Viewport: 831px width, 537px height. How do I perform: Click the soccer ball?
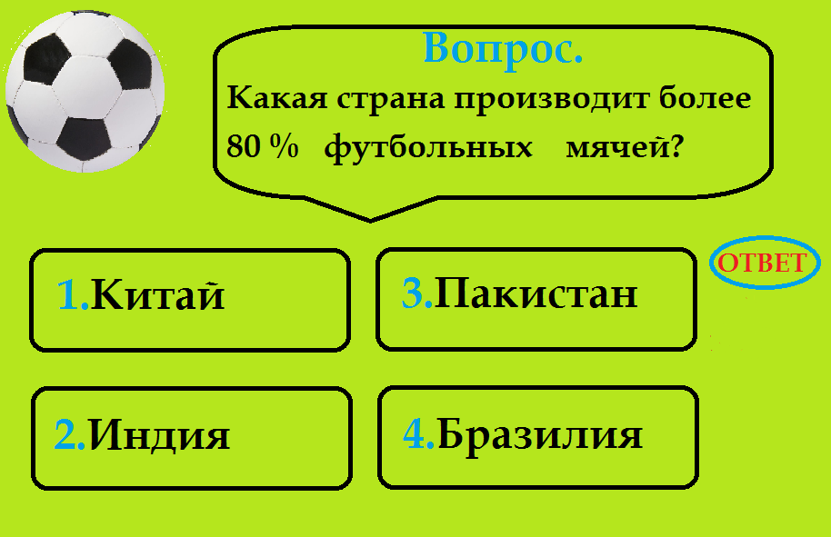click(85, 91)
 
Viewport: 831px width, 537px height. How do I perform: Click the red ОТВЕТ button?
click(761, 264)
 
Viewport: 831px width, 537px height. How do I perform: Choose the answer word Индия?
click(160, 435)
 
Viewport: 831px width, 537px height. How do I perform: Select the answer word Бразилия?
click(540, 434)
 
